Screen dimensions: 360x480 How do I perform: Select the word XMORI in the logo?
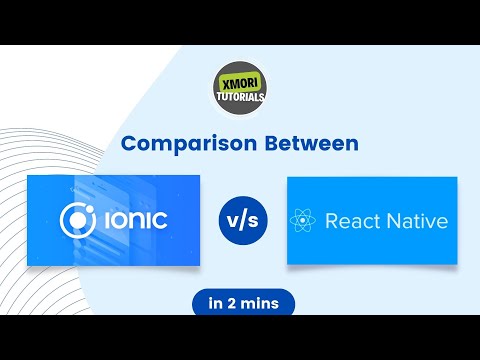point(239,77)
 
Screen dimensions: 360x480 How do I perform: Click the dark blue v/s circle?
point(243,219)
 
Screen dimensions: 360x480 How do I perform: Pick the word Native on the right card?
point(417,221)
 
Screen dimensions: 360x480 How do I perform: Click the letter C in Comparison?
point(130,144)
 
